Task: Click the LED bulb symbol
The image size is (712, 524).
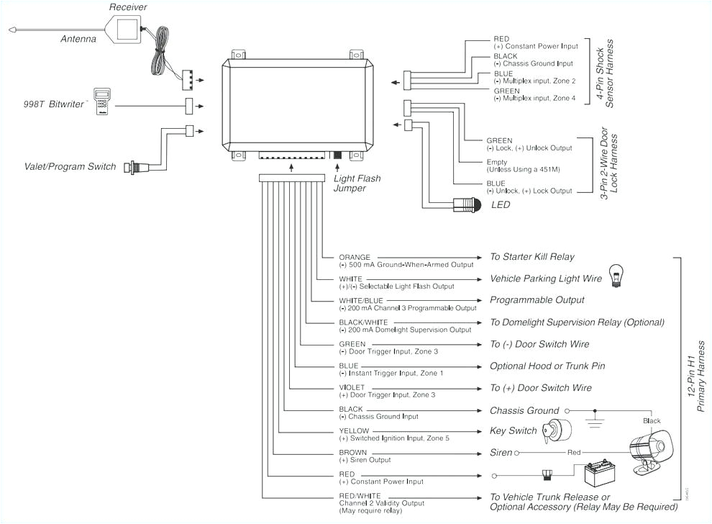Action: pos(467,205)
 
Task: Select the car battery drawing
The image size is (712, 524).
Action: pos(598,476)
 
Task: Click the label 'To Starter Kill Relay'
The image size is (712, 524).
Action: pos(532,257)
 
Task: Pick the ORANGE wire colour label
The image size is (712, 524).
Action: pos(355,257)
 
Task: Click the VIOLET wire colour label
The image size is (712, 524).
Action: pos(352,387)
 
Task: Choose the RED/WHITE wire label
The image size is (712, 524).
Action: pos(360,496)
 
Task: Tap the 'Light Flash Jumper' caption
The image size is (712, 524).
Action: pos(357,184)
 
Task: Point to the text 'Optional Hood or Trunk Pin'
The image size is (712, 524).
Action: pos(547,366)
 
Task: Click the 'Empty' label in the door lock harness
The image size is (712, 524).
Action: pos(496,163)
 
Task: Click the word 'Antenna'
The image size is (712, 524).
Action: pos(78,39)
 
